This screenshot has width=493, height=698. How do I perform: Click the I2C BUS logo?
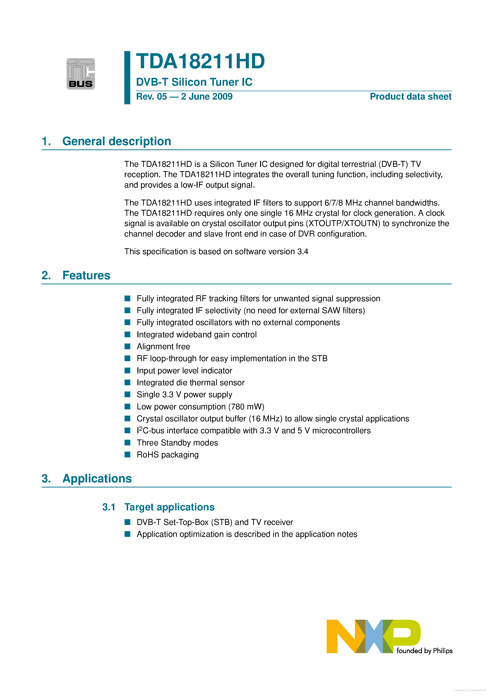point(81,74)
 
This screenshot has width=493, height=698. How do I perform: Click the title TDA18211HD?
point(200,61)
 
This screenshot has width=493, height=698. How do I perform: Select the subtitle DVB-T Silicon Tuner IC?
point(194,82)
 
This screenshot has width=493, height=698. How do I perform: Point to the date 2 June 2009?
point(207,97)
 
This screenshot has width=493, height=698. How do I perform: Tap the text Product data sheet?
point(410,97)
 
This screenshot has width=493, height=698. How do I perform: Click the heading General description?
point(116,141)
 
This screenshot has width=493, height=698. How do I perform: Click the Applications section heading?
point(97,479)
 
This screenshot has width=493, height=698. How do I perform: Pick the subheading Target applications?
point(169,507)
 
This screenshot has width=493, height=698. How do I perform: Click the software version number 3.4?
point(303,252)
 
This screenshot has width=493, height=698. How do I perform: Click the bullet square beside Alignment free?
point(128,346)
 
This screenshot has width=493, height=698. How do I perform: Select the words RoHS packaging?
point(168,455)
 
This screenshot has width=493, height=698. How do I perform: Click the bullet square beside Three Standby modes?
point(128,442)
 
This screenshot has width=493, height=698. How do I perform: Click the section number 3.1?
point(109,507)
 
